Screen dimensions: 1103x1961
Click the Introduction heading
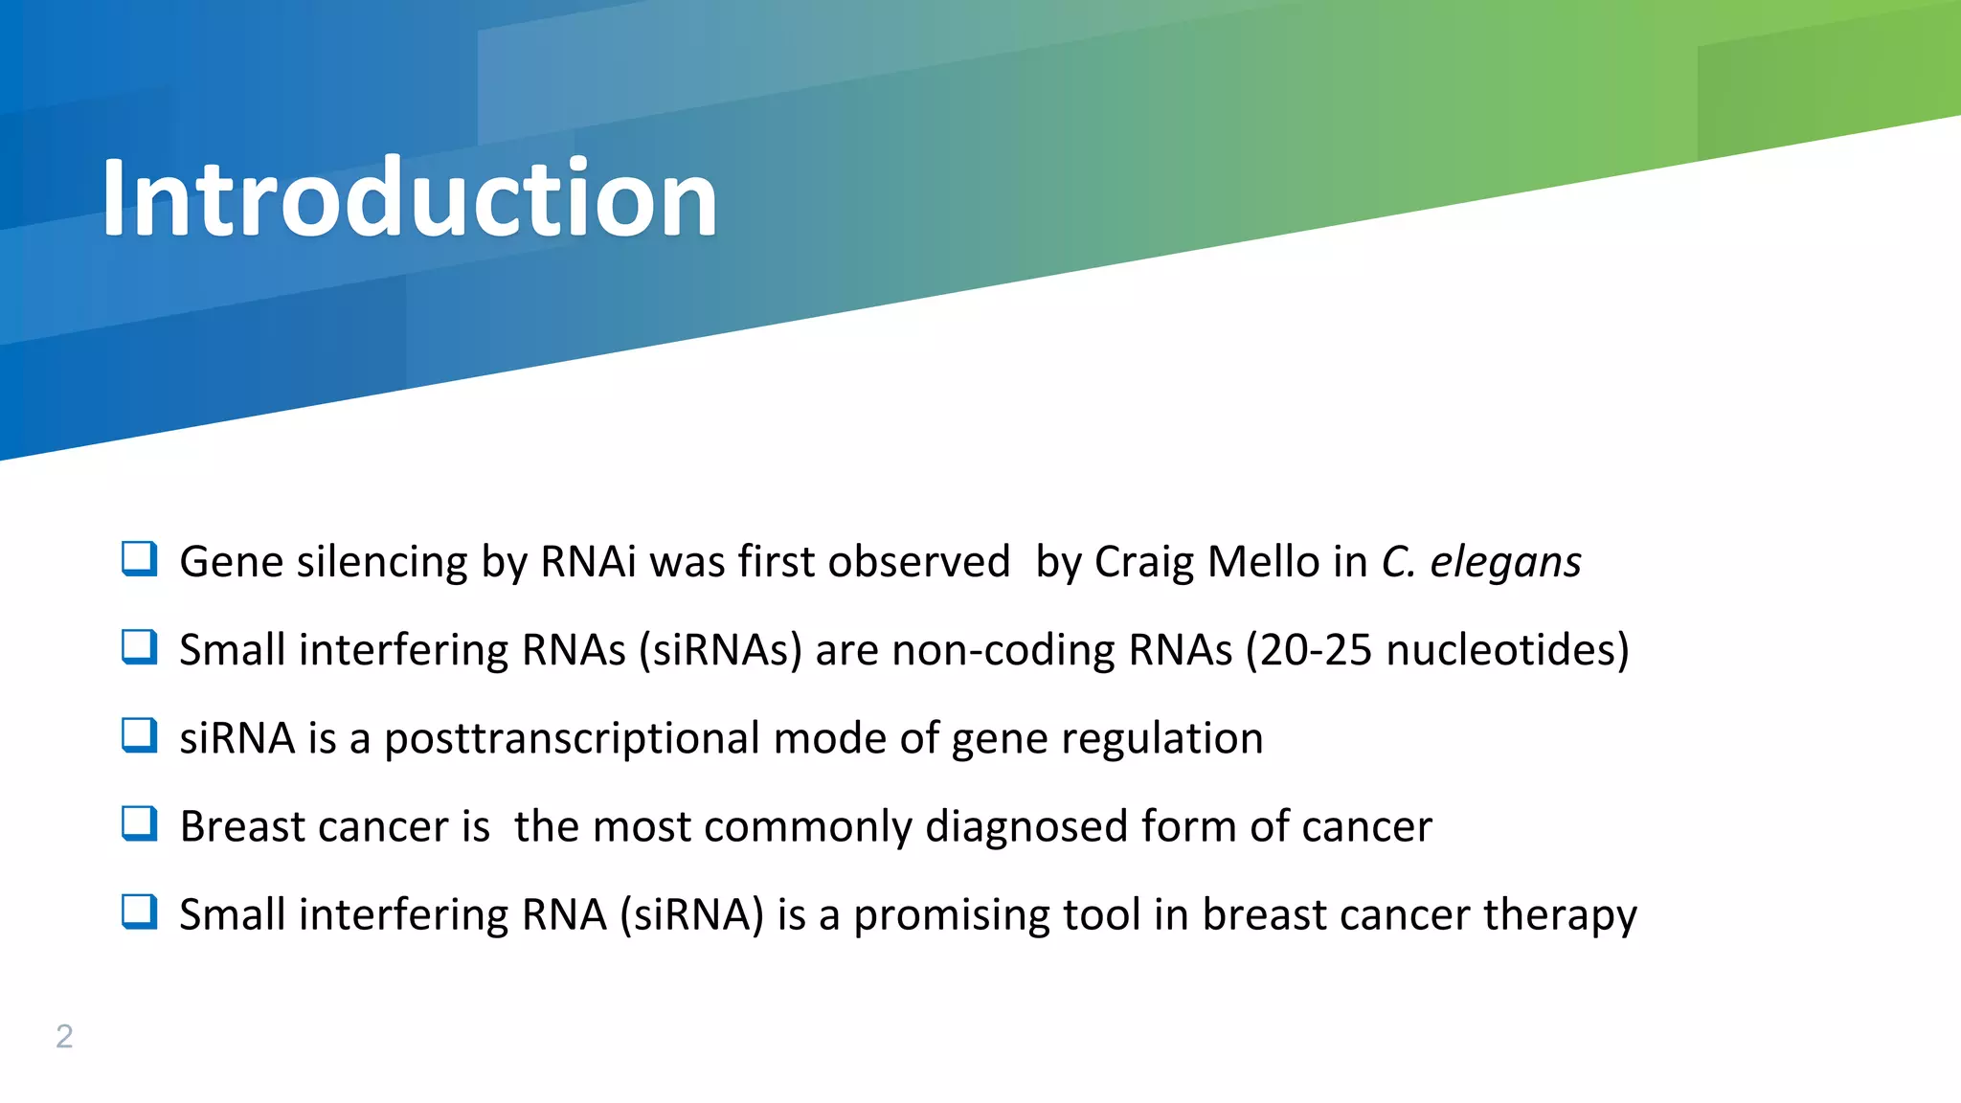point(410,198)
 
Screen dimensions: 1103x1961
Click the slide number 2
point(64,1036)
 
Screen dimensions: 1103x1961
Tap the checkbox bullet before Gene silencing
point(140,558)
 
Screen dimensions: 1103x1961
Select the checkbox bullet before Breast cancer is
point(140,823)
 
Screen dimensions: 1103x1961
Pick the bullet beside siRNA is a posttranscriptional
point(140,735)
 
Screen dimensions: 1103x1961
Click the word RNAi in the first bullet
point(588,561)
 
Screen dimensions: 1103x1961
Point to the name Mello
point(1263,561)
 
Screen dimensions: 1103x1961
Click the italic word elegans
point(1505,563)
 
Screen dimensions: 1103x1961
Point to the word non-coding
point(1003,650)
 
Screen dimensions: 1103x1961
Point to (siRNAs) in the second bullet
point(720,650)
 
